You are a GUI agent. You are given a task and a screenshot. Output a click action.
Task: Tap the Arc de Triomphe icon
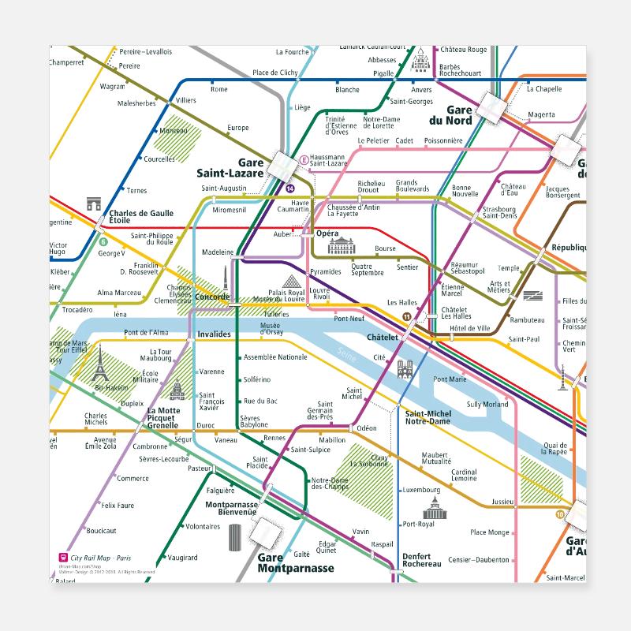[95, 204]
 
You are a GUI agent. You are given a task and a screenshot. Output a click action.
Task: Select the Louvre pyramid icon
[291, 282]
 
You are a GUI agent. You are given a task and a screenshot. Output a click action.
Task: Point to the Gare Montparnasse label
[295, 562]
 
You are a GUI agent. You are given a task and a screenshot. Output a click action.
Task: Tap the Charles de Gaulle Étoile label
[140, 217]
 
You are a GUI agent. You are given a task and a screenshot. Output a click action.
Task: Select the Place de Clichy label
[274, 73]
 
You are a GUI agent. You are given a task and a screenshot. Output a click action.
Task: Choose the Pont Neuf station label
[349, 319]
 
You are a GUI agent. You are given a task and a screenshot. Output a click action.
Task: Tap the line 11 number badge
[407, 317]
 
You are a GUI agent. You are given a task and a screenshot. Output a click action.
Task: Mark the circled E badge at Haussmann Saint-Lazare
[303, 159]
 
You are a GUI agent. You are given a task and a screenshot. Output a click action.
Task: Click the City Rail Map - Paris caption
[98, 557]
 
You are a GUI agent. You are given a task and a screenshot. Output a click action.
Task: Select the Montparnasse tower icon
[234, 538]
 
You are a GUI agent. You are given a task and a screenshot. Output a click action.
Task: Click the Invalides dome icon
[176, 390]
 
